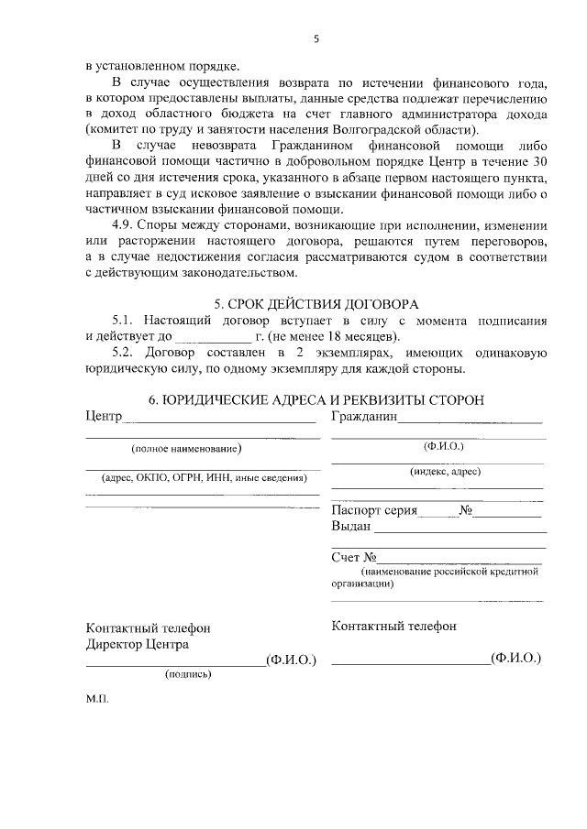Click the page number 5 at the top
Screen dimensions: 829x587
coord(316,38)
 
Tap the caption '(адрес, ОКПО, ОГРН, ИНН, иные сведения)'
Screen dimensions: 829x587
coord(204,477)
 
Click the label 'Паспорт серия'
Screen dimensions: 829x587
coord(375,510)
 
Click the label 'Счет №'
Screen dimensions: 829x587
coord(354,557)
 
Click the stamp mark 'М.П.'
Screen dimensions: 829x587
coord(97,698)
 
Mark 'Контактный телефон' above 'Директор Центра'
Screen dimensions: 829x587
coord(149,628)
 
